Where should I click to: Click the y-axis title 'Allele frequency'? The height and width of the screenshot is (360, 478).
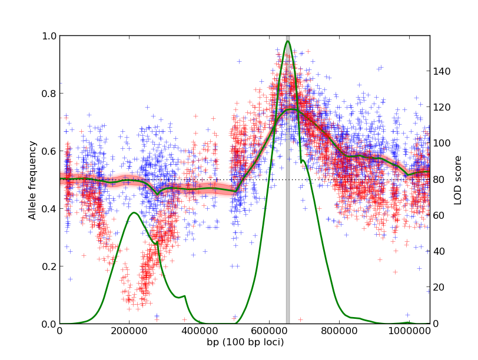point(33,180)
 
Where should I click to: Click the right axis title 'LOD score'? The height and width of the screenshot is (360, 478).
point(457,180)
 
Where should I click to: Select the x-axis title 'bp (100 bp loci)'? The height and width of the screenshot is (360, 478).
point(244,342)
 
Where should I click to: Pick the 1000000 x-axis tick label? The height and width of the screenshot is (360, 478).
point(409,331)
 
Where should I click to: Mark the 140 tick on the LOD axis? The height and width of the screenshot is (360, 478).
point(442,72)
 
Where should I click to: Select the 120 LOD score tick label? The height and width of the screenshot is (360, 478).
point(442,108)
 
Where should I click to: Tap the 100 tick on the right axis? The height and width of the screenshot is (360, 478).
point(442,144)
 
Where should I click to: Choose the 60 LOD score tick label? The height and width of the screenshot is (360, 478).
point(440,216)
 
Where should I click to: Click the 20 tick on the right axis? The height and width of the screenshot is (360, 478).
point(440,288)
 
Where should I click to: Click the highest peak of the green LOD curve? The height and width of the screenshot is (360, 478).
point(287,41)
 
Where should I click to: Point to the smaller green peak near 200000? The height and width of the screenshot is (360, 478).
point(134,213)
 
